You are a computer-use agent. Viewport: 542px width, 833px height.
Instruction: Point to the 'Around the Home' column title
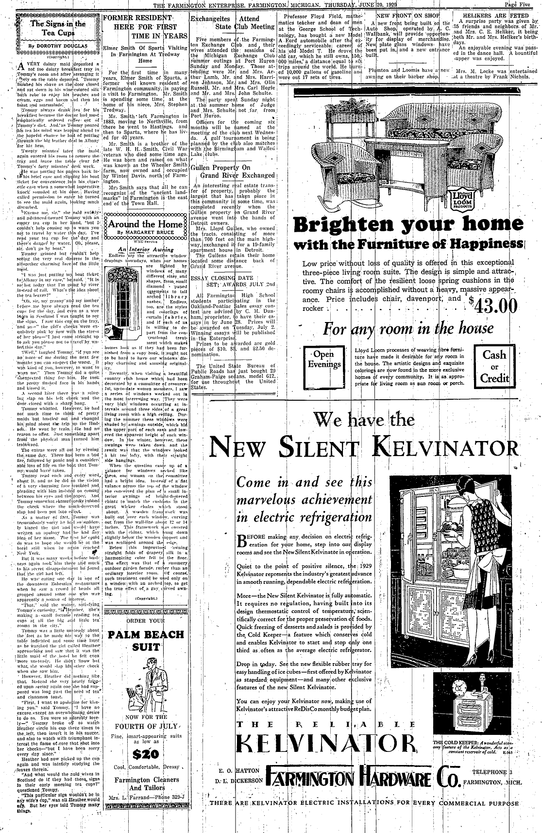coord(144,224)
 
